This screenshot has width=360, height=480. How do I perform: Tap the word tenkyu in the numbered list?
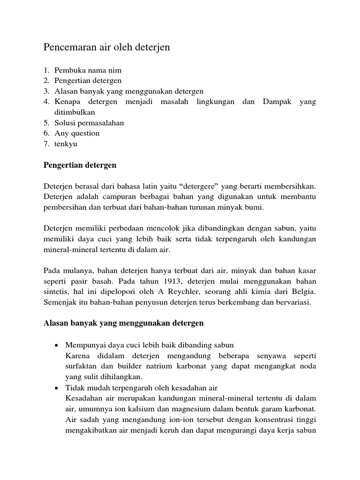click(66, 144)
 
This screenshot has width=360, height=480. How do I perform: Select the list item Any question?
click(77, 133)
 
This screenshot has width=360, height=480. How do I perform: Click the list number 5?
click(46, 123)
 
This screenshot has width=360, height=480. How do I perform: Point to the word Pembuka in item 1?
click(68, 70)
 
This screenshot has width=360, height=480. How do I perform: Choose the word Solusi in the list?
click(65, 123)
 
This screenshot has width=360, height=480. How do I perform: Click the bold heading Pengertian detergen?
click(80, 165)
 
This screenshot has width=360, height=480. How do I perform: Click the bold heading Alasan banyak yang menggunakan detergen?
click(123, 323)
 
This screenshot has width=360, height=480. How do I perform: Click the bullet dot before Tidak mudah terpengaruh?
click(57, 388)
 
